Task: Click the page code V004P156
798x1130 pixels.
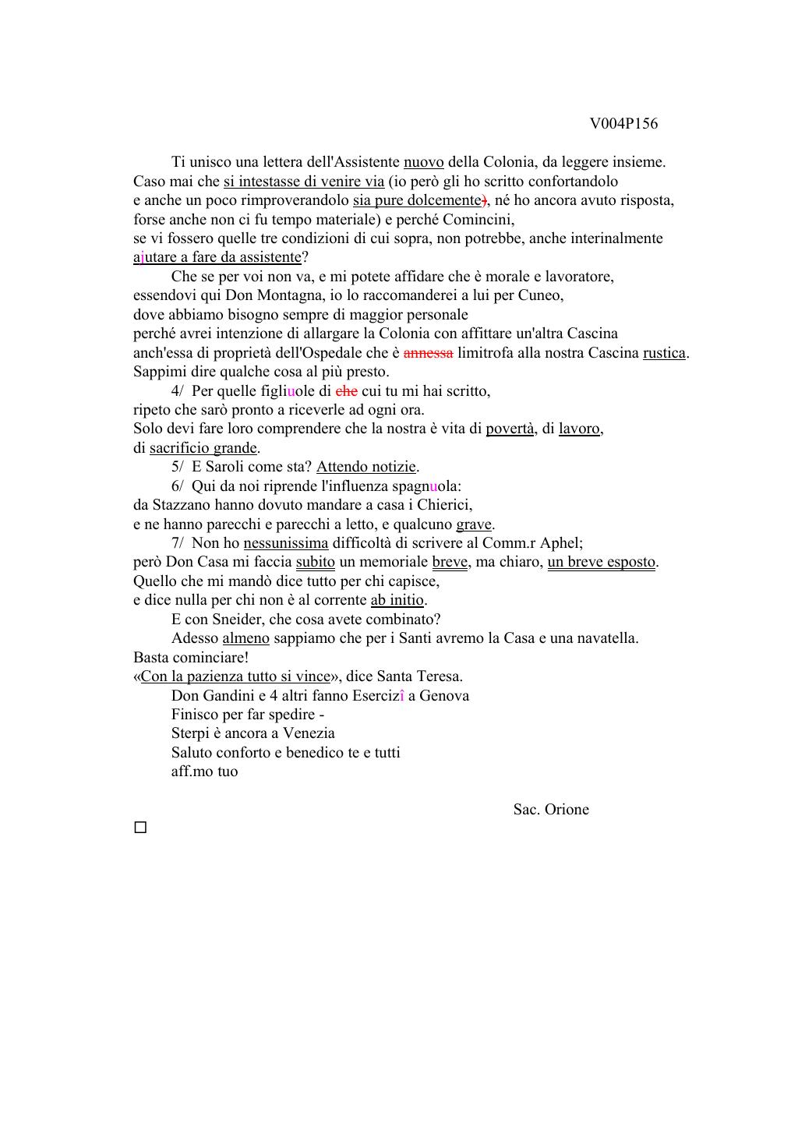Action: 623,124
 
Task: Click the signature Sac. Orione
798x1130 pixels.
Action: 551,810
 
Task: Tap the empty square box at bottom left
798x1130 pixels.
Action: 140,828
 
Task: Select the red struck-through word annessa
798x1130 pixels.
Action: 428,353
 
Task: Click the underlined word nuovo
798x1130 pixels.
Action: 423,162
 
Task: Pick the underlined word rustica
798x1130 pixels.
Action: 664,353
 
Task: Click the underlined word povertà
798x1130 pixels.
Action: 510,429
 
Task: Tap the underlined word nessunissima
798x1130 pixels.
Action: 286,543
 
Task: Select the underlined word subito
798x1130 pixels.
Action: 315,562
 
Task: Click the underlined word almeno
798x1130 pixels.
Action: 245,638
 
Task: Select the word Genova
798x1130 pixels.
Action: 444,696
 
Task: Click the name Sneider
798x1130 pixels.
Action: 237,620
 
